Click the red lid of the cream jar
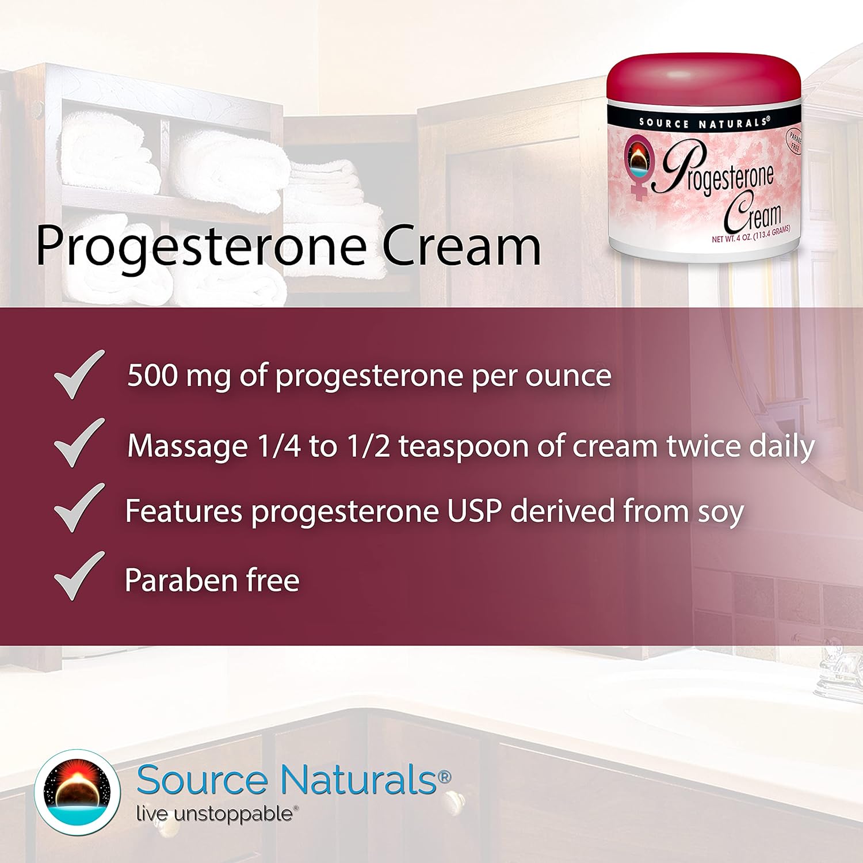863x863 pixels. [x=703, y=78]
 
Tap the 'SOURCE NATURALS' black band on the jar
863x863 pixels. [x=703, y=123]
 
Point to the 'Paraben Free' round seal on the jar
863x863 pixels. [x=795, y=142]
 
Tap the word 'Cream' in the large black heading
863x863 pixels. [x=461, y=246]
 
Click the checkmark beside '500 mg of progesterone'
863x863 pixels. [x=79, y=375]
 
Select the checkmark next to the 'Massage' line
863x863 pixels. [x=79, y=443]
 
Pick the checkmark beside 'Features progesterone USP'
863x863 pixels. [x=79, y=508]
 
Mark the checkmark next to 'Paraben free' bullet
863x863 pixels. [x=79, y=576]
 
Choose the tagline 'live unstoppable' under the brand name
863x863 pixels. [x=215, y=814]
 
